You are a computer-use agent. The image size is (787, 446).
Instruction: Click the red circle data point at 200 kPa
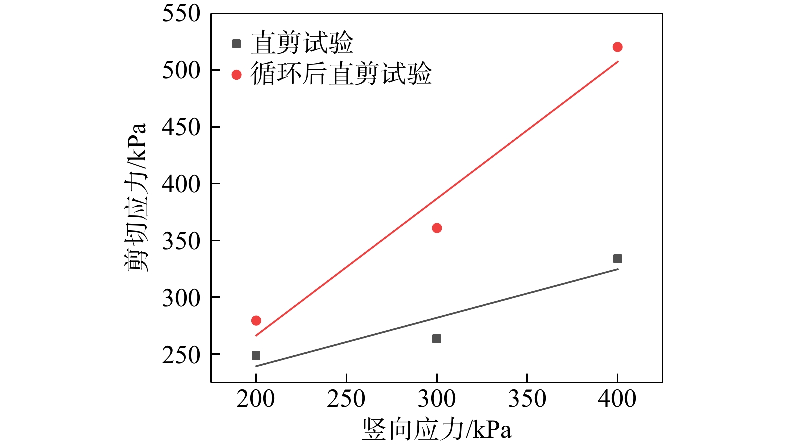pyautogui.click(x=256, y=320)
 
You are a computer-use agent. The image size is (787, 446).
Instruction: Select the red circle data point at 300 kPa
pyautogui.click(x=437, y=228)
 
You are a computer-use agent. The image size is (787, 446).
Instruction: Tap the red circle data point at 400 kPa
pyautogui.click(x=617, y=47)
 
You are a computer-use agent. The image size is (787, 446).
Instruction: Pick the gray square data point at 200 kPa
pyautogui.click(x=256, y=356)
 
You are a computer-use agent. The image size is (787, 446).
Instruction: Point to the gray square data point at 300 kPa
pyautogui.click(x=437, y=339)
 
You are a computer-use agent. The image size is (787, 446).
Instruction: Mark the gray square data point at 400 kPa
pyautogui.click(x=617, y=258)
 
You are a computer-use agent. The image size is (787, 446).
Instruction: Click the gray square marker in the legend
pyautogui.click(x=237, y=44)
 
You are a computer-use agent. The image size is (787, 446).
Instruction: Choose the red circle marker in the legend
pyautogui.click(x=237, y=75)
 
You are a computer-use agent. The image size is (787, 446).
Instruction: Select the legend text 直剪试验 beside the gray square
pyautogui.click(x=302, y=43)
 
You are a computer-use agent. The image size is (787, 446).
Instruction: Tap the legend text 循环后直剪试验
pyautogui.click(x=341, y=74)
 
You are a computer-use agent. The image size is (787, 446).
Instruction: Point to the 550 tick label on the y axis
pyautogui.click(x=181, y=14)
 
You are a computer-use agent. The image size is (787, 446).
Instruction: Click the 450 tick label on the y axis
pyautogui.click(x=181, y=127)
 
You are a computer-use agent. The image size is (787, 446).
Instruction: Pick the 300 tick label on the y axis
pyautogui.click(x=181, y=298)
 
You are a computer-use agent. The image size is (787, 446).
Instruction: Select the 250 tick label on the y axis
pyautogui.click(x=181, y=355)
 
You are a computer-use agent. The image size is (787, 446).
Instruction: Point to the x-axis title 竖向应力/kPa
pyautogui.click(x=437, y=429)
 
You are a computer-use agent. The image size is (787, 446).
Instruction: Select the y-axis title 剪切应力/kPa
pyautogui.click(x=136, y=197)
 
